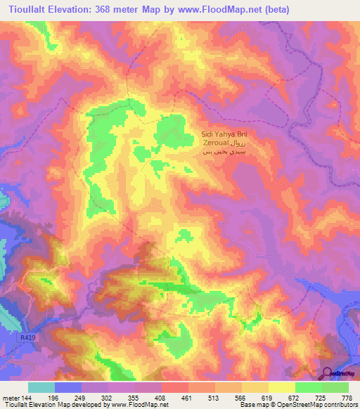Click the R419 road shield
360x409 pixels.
pos(25,338)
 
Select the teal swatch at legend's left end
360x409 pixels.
pos(41,387)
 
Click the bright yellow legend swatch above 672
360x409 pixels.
pos(281,387)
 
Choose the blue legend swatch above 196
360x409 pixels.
pos(68,387)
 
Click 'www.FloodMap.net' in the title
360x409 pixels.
pos(214,10)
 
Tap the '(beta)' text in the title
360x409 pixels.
pos(271,10)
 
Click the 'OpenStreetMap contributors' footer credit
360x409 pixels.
pos(316,405)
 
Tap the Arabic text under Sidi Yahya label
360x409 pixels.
pos(224,150)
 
